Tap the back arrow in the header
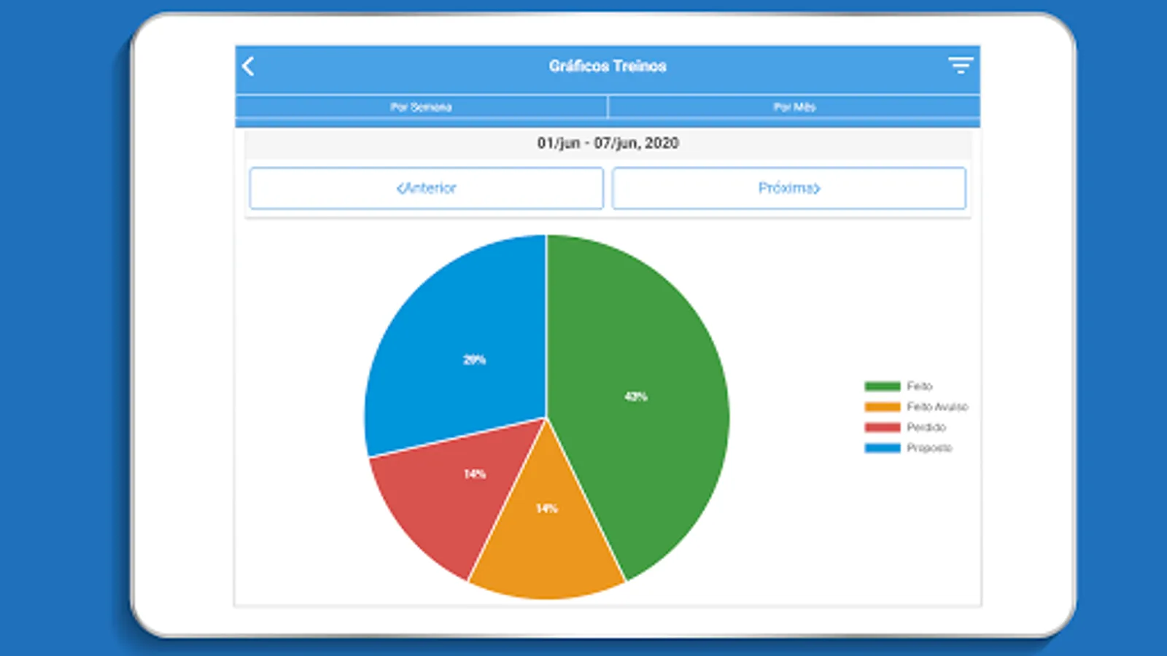(x=249, y=66)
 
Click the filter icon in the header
(x=960, y=66)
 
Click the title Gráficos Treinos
(x=608, y=66)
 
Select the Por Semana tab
(x=421, y=107)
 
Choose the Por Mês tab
(x=794, y=107)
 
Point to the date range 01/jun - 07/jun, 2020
(x=608, y=143)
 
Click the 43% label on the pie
(x=635, y=397)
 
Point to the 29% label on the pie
(x=474, y=359)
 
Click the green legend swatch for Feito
(x=882, y=386)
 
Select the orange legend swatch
(x=882, y=407)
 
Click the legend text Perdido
(x=926, y=427)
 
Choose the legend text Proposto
(x=929, y=448)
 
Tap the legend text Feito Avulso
(x=937, y=407)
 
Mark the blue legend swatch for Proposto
(x=882, y=448)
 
